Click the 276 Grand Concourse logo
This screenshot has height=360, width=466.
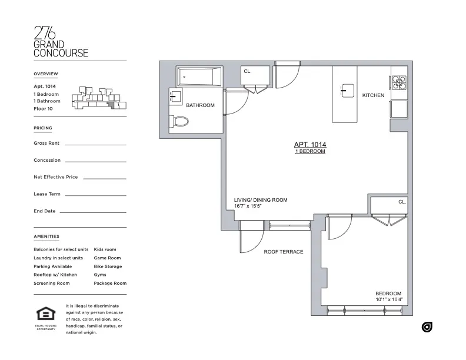pos(61,42)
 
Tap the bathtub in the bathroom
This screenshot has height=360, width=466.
pos(200,76)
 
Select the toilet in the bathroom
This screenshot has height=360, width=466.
pos(181,122)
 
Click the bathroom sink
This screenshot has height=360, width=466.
pos(174,98)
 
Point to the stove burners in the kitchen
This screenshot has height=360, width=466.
pos(398,83)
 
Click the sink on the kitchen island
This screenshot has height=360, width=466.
pos(345,89)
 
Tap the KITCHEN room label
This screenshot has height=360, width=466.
pos(373,95)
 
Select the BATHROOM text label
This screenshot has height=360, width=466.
pos(200,106)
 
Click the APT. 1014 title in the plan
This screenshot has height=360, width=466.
pos(310,145)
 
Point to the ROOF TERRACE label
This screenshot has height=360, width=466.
pos(284,252)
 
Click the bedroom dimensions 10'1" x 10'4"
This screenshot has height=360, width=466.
pos(388,300)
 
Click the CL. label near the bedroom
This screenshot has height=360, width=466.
pos(402,202)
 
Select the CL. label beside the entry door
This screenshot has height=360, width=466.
pos(248,71)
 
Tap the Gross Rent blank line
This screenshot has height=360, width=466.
pos(95,144)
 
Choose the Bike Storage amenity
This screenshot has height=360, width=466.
pos(108,266)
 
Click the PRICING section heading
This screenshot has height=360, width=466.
pos(43,128)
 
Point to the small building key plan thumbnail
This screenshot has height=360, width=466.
pos(98,98)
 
